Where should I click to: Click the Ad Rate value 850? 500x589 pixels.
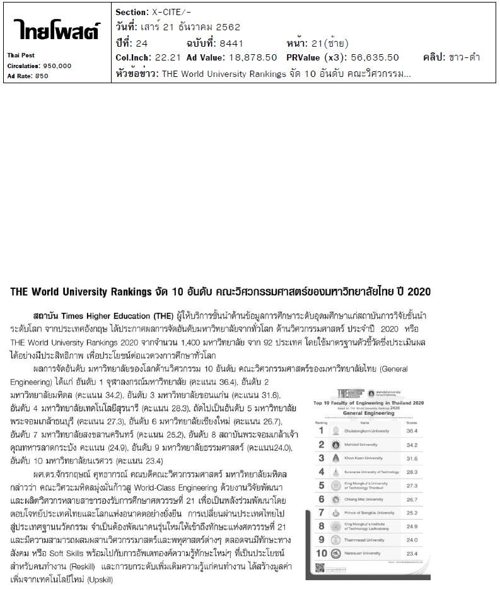(42, 76)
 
